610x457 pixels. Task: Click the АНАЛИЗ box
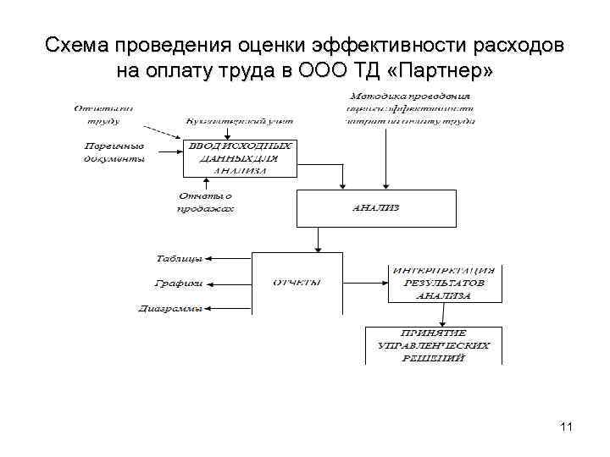pyautogui.click(x=376, y=207)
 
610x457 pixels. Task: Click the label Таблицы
pyautogui.click(x=179, y=257)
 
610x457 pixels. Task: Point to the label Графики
pyautogui.click(x=180, y=284)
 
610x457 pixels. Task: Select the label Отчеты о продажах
pyautogui.click(x=205, y=203)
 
